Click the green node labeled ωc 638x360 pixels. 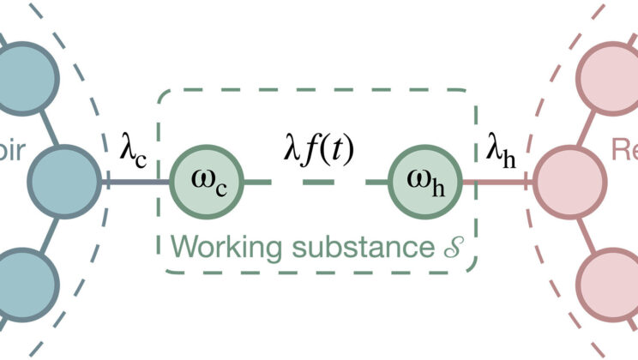coord(209,182)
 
